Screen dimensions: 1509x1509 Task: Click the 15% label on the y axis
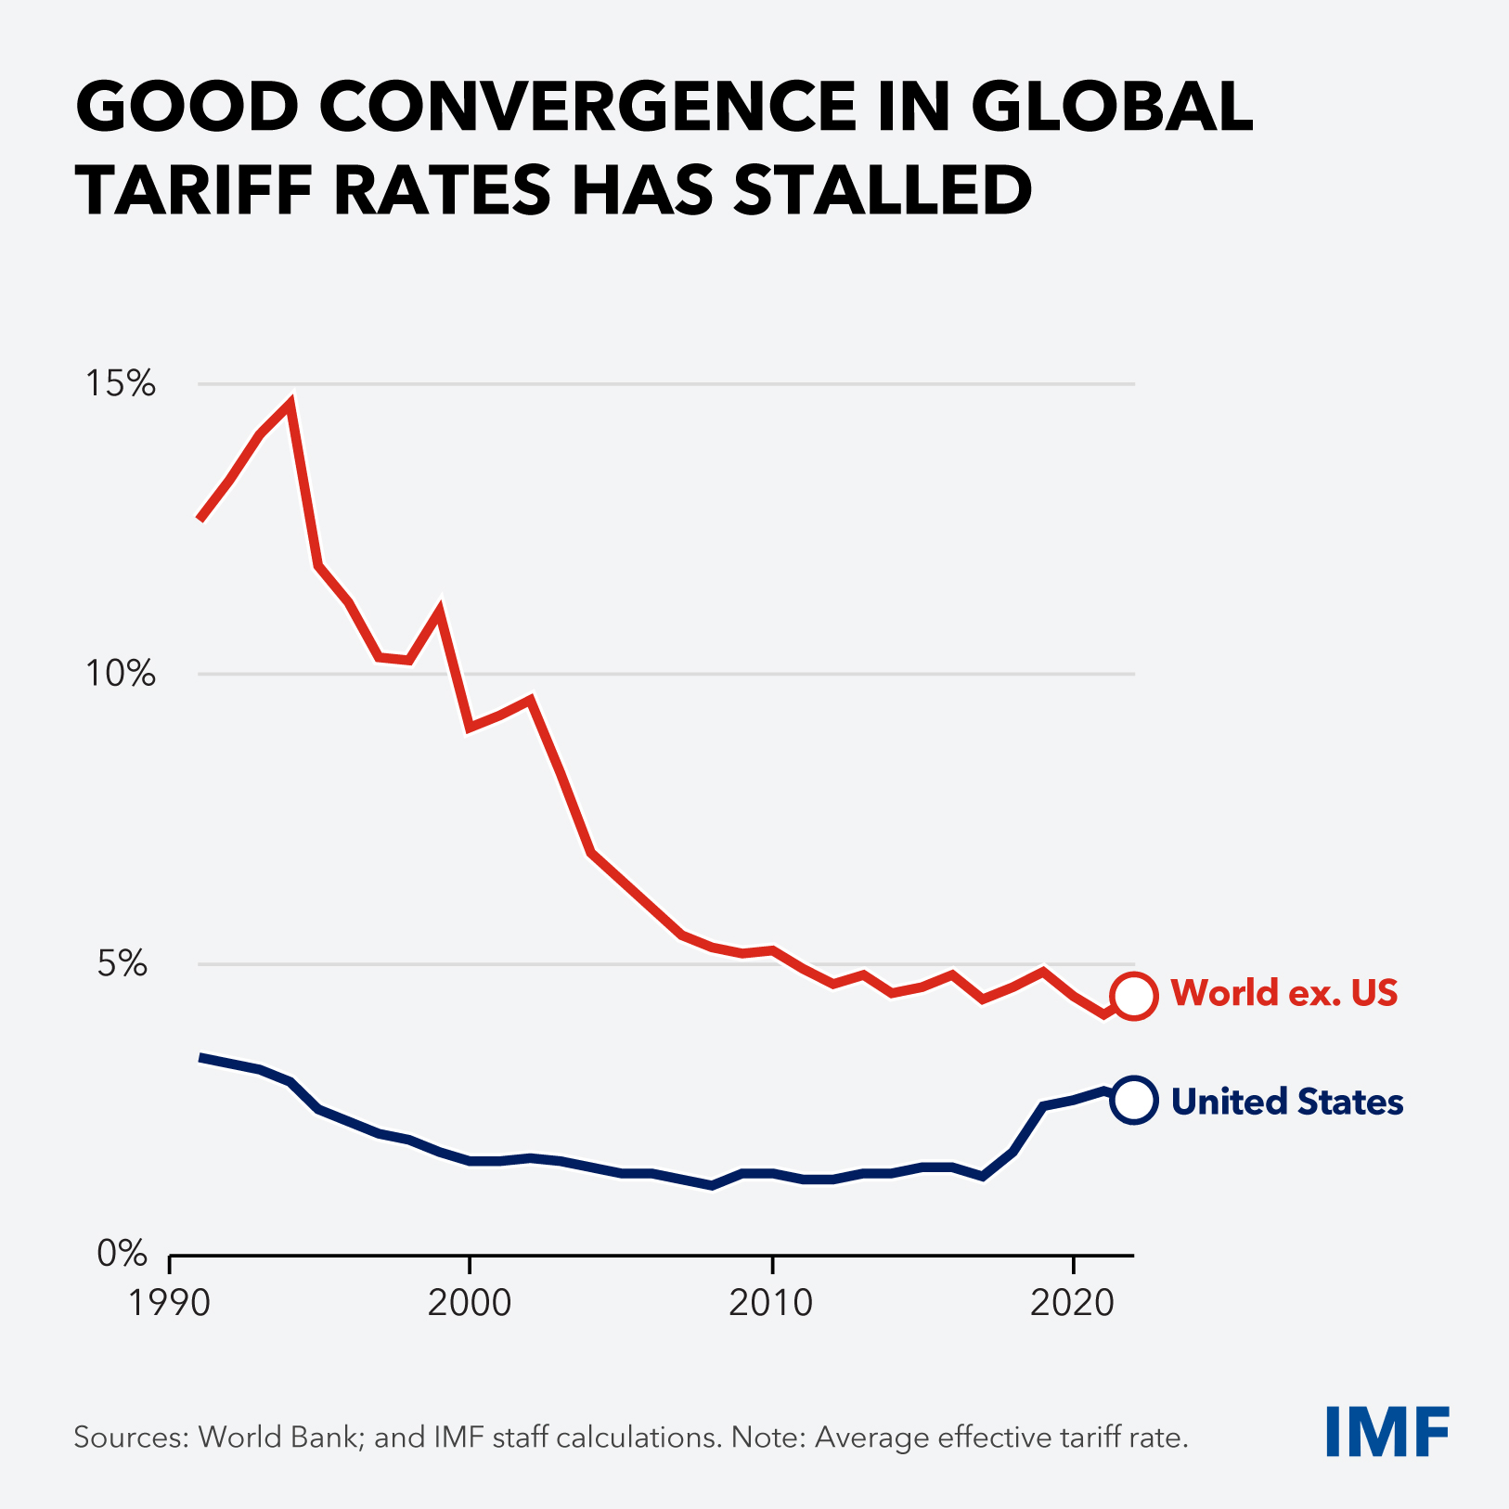pyautogui.click(x=121, y=383)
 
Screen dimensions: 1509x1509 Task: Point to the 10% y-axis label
pyautogui.click(x=121, y=674)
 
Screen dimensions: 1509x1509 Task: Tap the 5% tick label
pyautogui.click(x=123, y=964)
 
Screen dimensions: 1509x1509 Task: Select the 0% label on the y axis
pyautogui.click(x=123, y=1254)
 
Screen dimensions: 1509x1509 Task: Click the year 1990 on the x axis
pyautogui.click(x=170, y=1303)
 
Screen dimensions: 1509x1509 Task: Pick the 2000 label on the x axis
pyautogui.click(x=470, y=1303)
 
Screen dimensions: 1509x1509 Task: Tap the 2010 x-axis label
pyautogui.click(x=771, y=1303)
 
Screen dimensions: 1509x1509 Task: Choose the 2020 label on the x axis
pyautogui.click(x=1072, y=1303)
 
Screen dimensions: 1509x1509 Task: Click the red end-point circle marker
pyautogui.click(x=1134, y=997)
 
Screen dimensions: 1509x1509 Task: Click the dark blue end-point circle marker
pyautogui.click(x=1134, y=1102)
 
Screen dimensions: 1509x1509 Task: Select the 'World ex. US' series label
pyautogui.click(x=1284, y=993)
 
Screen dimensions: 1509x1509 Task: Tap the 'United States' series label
pyautogui.click(x=1287, y=1102)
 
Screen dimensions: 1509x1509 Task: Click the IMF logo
pyautogui.click(x=1387, y=1432)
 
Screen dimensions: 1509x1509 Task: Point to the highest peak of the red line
pyautogui.click(x=290, y=405)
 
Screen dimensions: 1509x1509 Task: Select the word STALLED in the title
pyautogui.click(x=883, y=190)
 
